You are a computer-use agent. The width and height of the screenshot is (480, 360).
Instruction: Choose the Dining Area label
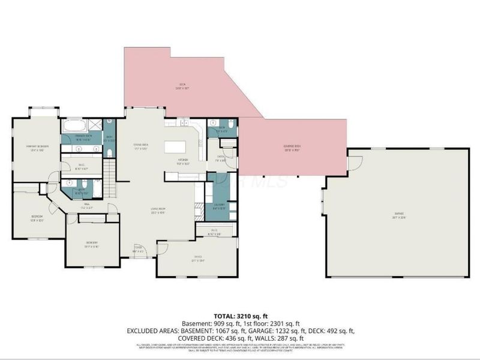[x=141, y=146]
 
